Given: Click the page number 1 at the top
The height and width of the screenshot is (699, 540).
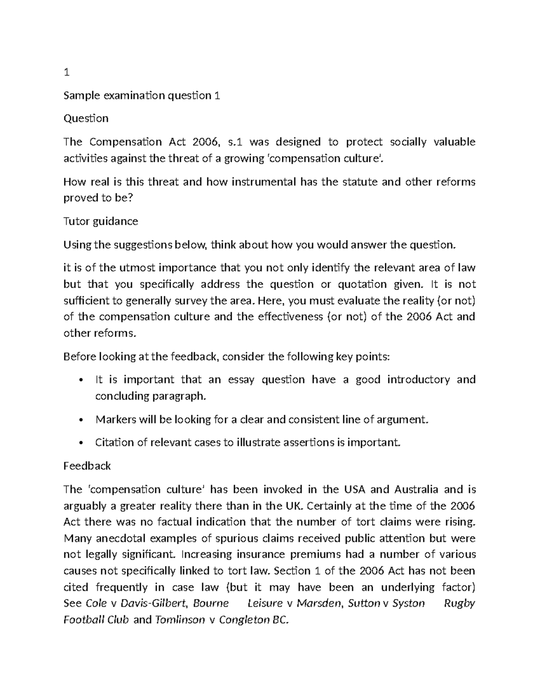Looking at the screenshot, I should tap(66, 72).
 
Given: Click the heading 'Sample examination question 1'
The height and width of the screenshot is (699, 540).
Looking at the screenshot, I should tap(142, 95).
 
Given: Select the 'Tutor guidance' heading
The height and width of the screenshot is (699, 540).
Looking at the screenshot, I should tap(100, 221).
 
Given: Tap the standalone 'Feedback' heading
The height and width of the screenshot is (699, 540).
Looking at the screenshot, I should tap(87, 466).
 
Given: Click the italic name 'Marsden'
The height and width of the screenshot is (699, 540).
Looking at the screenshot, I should tap(319, 604).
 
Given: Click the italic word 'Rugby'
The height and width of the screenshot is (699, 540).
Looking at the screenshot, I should tap(459, 604).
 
